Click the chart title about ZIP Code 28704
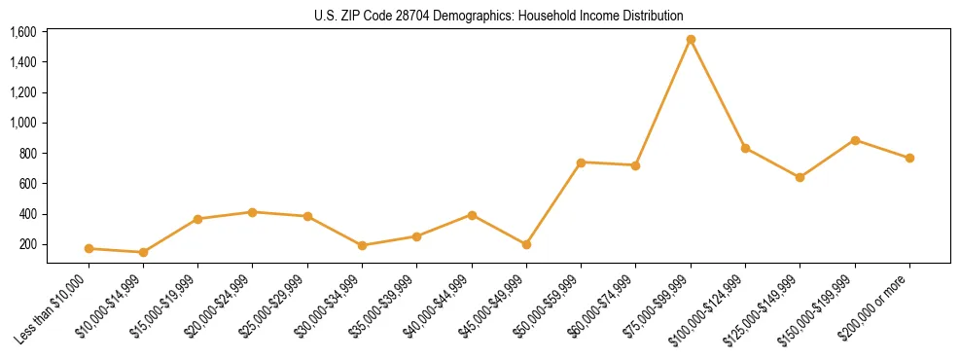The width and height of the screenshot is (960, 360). pyautogui.click(x=499, y=16)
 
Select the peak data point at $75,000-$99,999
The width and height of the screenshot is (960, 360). pyautogui.click(x=691, y=40)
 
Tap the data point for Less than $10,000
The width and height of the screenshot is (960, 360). pyautogui.click(x=89, y=248)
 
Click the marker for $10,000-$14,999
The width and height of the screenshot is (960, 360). pyautogui.click(x=143, y=252)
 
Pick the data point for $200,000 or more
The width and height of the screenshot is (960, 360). pyautogui.click(x=909, y=158)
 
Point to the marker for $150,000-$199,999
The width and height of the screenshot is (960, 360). pyautogui.click(x=855, y=140)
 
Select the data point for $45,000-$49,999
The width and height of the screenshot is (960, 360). pyautogui.click(x=526, y=244)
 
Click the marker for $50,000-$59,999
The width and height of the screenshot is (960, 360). pyautogui.click(x=581, y=162)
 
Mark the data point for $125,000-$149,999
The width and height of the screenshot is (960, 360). pyautogui.click(x=800, y=177)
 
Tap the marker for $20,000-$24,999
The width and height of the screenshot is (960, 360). pyautogui.click(x=253, y=211)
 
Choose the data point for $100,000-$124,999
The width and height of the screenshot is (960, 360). pyautogui.click(x=745, y=148)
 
